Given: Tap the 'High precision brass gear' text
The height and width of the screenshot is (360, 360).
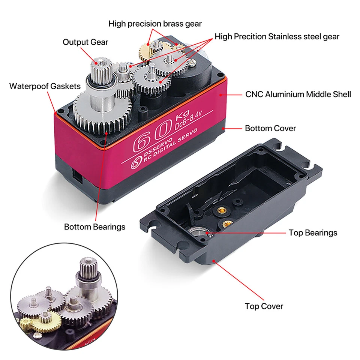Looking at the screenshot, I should click(155, 24).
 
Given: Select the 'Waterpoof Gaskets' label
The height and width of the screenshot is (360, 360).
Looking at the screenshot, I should click(45, 86).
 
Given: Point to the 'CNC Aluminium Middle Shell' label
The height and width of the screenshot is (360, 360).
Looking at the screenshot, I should click(298, 94).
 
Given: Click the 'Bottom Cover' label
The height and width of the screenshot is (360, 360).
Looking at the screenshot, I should click(270, 128).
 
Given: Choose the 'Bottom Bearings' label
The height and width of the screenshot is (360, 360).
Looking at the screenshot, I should click(94, 227).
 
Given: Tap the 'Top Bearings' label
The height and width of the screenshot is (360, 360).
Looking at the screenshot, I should click(313, 233).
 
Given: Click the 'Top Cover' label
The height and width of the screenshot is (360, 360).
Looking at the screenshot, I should click(264, 306).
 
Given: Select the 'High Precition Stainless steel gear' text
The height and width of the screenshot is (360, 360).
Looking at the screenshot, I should click(277, 36).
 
